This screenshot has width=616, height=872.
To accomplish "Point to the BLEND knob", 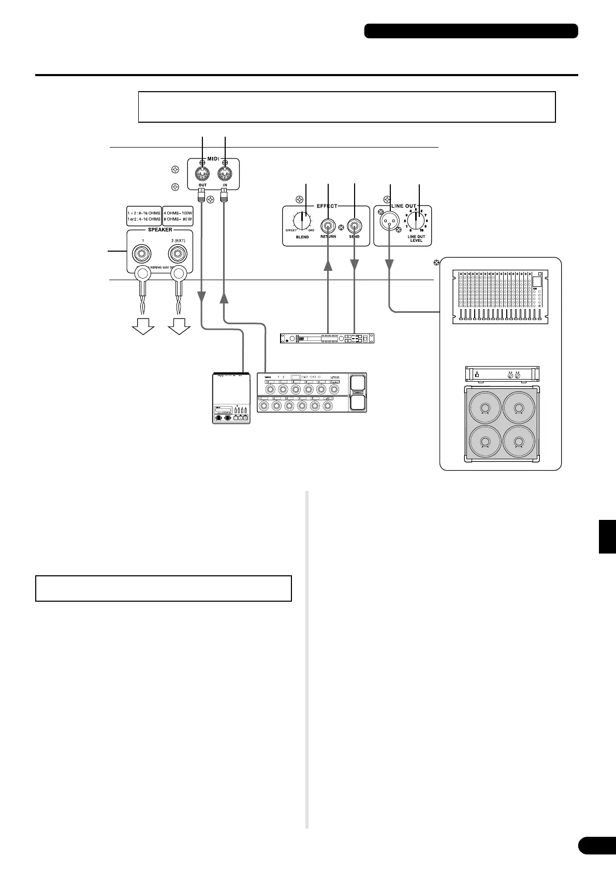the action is tap(302, 221).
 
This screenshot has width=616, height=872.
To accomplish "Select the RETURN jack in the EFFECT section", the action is tap(328, 226).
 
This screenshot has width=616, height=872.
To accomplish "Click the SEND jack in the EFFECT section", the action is tap(355, 226).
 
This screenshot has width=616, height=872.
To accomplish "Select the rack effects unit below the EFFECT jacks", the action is tap(326, 339).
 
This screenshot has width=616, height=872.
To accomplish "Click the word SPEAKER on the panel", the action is tap(160, 229).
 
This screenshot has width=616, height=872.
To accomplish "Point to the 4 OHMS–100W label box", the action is tap(178, 215).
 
